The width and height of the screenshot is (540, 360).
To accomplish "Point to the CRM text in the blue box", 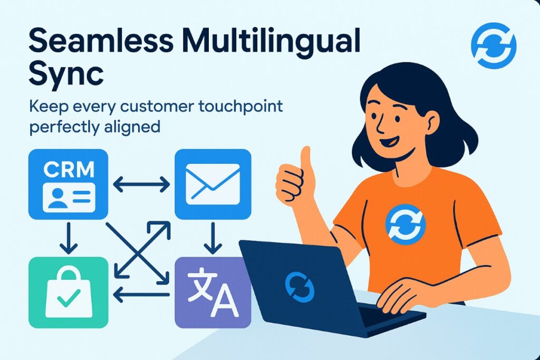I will [69, 169].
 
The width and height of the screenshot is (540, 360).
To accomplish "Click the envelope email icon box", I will [213, 184].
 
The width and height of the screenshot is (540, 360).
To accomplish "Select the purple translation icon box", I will [213, 293].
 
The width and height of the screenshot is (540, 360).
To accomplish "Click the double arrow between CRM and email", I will [141, 184].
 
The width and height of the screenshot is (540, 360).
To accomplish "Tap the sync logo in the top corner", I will [493, 45].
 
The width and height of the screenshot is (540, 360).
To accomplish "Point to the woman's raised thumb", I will [305, 158].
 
